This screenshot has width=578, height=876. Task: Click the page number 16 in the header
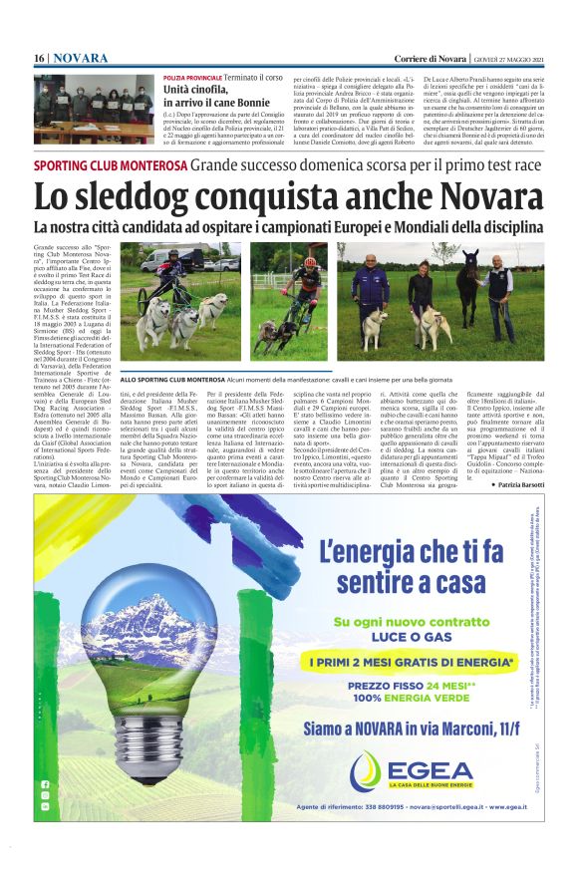pos(40,59)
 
